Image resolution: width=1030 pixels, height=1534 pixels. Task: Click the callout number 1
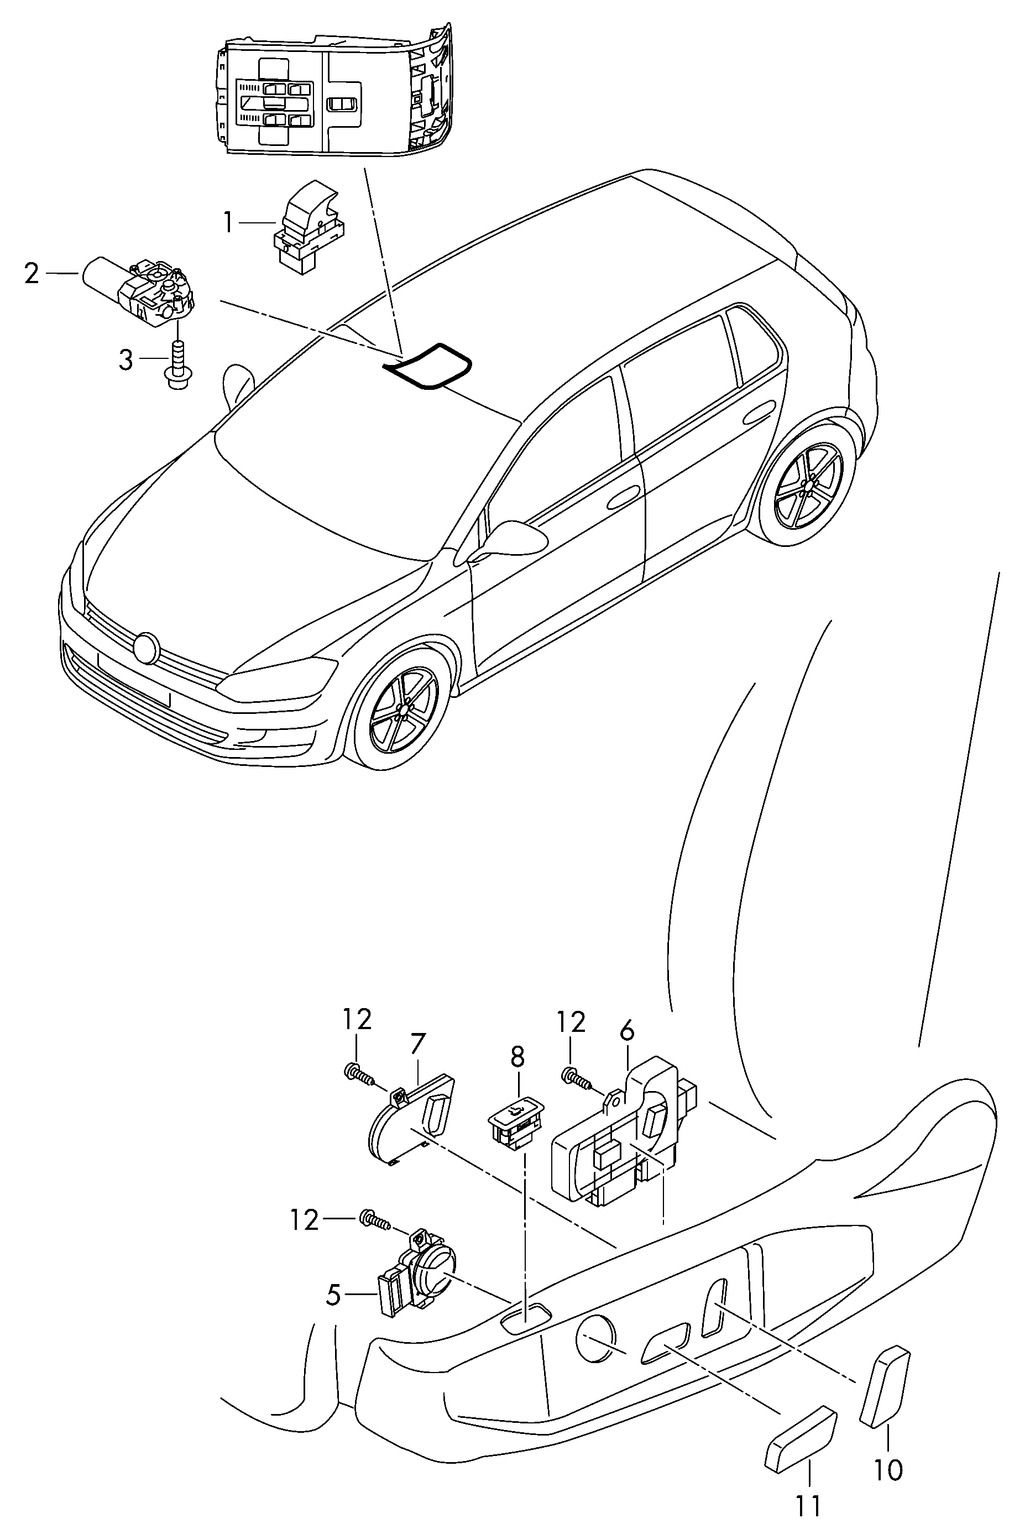(x=227, y=223)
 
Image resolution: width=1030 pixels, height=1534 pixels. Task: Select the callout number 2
(x=32, y=273)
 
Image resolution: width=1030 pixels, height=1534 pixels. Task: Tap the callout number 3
(x=126, y=359)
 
